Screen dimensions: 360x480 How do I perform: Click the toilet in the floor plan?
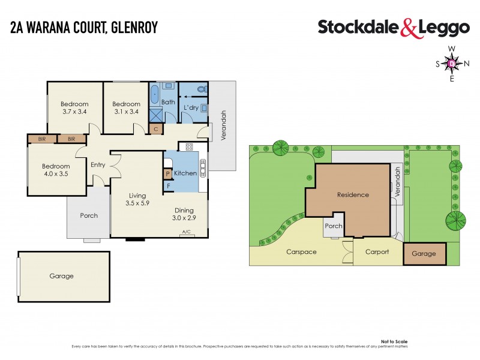(x=201, y=89)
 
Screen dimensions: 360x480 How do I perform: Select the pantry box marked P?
(x=168, y=174)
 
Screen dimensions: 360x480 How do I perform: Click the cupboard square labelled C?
(x=156, y=128)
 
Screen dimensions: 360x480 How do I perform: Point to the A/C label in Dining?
(x=186, y=232)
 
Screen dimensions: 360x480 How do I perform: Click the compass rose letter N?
(x=466, y=63)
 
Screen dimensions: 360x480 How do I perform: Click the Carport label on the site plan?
(x=377, y=252)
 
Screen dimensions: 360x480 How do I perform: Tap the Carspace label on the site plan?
(x=301, y=252)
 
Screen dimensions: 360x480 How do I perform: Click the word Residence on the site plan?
(x=353, y=194)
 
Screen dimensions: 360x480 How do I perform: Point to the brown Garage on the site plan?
(x=424, y=254)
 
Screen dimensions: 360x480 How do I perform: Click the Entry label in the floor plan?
(x=98, y=165)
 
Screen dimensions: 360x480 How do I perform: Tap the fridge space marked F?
(x=169, y=185)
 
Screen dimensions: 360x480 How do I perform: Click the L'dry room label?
(x=191, y=107)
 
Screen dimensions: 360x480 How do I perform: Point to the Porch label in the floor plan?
(x=89, y=215)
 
